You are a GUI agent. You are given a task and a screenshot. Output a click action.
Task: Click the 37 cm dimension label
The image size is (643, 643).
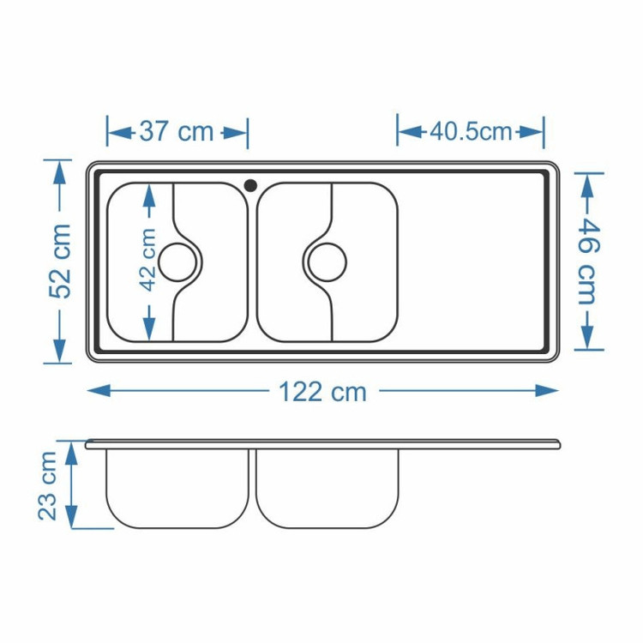click(177, 132)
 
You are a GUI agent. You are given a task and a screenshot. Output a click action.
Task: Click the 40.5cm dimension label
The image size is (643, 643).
click(472, 132)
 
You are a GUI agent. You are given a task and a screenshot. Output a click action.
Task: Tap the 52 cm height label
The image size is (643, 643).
click(60, 261)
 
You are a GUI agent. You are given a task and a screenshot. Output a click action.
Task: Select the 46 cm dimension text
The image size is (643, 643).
click(589, 261)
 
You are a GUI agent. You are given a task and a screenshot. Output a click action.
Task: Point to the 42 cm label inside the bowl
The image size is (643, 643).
click(148, 260)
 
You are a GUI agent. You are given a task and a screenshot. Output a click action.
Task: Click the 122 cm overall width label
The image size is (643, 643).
click(322, 392)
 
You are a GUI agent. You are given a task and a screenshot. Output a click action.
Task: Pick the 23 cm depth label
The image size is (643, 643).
click(47, 486)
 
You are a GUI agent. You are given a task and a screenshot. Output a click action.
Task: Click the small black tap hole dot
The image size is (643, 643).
click(250, 185)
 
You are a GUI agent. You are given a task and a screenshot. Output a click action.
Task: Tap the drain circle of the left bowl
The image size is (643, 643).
click(177, 262)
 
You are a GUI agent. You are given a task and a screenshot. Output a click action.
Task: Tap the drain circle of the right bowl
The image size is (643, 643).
click(328, 262)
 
